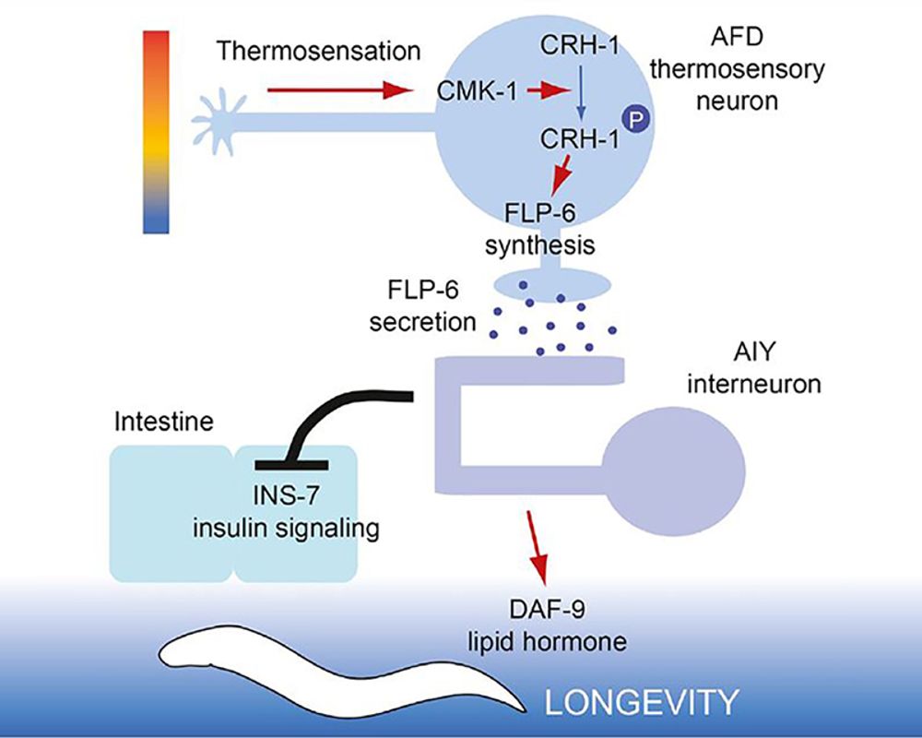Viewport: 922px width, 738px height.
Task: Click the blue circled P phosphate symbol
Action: point(632,117)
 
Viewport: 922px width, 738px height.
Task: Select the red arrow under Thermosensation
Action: point(337,90)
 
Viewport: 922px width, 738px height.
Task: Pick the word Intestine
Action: point(163,423)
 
